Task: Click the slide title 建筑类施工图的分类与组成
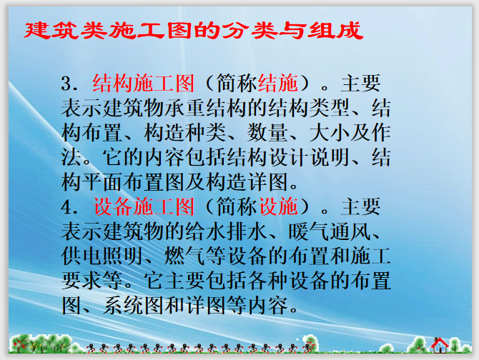(194, 31)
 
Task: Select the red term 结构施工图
(143, 84)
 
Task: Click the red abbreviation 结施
(279, 84)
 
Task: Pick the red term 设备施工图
(143, 208)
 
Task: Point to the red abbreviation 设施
(279, 208)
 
